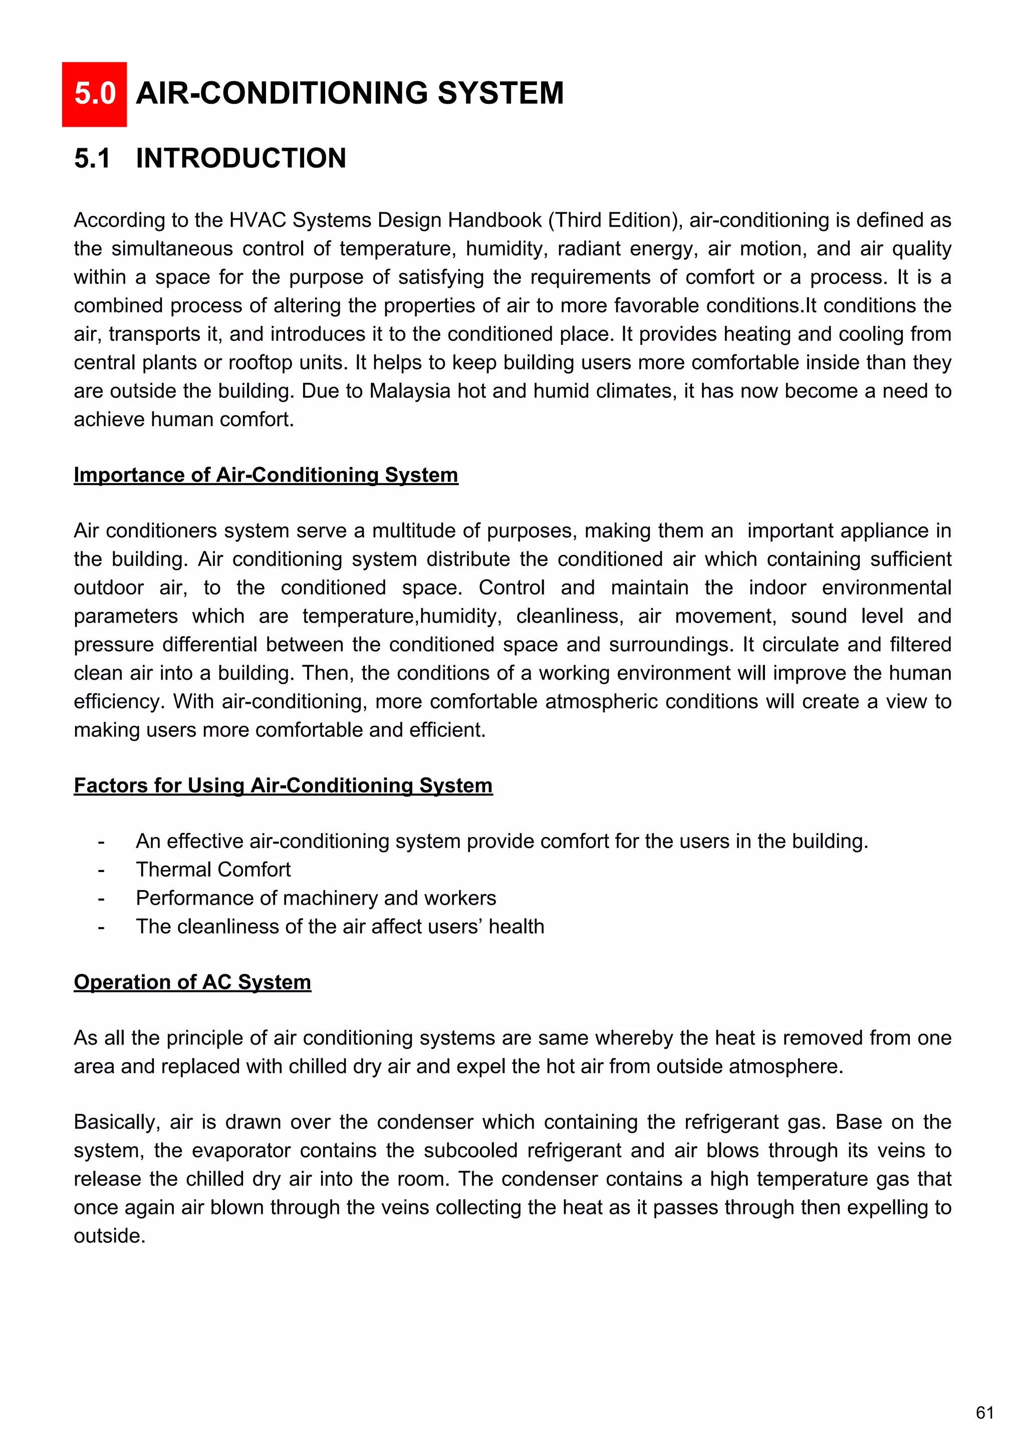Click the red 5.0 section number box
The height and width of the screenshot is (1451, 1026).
[x=94, y=94]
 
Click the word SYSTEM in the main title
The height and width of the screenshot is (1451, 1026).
[x=500, y=94]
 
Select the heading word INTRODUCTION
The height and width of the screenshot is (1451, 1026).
[x=240, y=158]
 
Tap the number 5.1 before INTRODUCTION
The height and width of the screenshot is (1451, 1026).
[x=92, y=158]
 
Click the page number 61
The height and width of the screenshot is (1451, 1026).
[x=984, y=1412]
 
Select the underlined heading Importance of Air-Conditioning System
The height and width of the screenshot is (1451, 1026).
[x=266, y=475]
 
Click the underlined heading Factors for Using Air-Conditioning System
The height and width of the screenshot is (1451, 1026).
[x=283, y=785]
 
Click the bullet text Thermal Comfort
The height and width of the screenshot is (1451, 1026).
[x=213, y=870]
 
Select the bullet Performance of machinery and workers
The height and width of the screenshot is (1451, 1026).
[x=316, y=898]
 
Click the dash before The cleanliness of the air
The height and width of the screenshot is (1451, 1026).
[x=101, y=927]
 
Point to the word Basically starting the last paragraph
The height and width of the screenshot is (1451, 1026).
[x=116, y=1122]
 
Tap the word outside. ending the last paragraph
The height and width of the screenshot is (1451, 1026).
[x=109, y=1235]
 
